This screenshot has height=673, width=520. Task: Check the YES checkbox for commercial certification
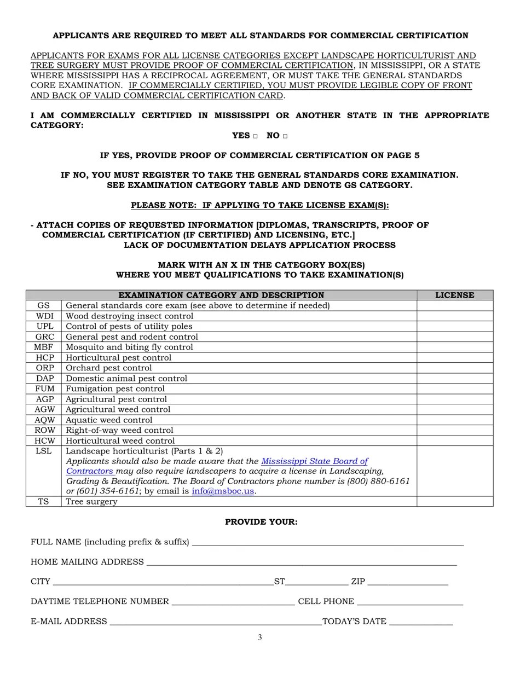coord(256,136)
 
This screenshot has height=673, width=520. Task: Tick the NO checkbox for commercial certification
coord(285,136)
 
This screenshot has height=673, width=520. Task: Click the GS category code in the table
coord(43,305)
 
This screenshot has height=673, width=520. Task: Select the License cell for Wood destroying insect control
coord(454,316)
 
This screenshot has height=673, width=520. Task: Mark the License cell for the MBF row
coord(454,347)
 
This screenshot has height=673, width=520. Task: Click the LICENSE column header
coord(454,295)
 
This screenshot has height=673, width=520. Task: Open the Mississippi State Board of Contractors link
coord(314,461)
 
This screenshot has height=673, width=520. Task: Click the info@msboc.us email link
coord(223,491)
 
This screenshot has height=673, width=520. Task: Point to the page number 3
coord(260,637)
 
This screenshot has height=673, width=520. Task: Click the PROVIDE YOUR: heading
coord(261,522)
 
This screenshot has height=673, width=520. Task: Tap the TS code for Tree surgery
coord(43,502)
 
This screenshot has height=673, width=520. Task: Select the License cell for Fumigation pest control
coord(454,389)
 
